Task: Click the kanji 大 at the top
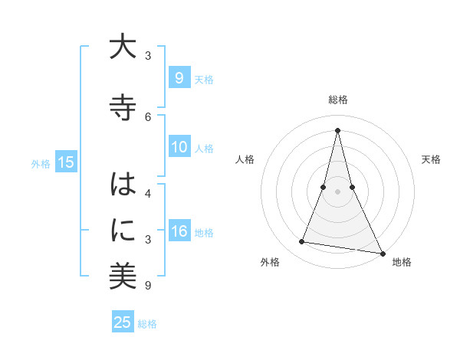pyautogui.click(x=123, y=47)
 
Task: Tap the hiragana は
pyautogui.click(x=123, y=186)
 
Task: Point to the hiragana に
pyautogui.click(x=123, y=229)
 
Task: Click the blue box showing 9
pyautogui.click(x=179, y=78)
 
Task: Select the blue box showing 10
pyautogui.click(x=179, y=148)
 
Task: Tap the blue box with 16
pyautogui.click(x=179, y=232)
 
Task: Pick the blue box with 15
pyautogui.click(x=65, y=162)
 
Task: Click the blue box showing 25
pyautogui.click(x=123, y=322)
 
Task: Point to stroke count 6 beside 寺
pyautogui.click(x=148, y=116)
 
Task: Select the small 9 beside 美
pyautogui.click(x=147, y=286)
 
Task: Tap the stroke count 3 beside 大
pyautogui.click(x=148, y=56)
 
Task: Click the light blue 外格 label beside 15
pyautogui.click(x=41, y=163)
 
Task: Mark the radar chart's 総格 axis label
pyautogui.click(x=337, y=100)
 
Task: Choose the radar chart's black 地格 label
pyautogui.click(x=402, y=263)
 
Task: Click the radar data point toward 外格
pyautogui.click(x=302, y=242)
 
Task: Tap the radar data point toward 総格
pyautogui.click(x=337, y=130)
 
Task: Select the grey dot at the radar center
pyautogui.click(x=337, y=191)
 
